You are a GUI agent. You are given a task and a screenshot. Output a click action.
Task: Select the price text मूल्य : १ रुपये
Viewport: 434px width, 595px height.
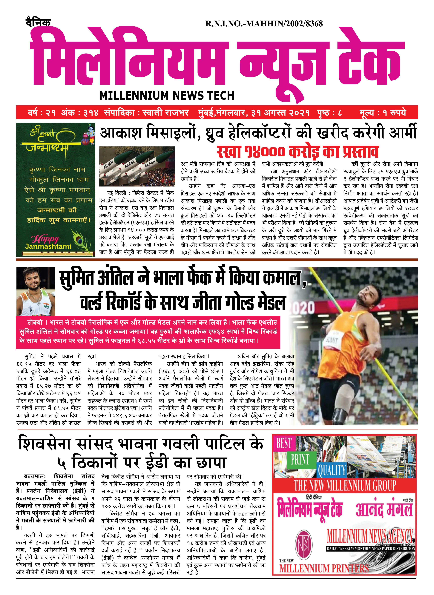pos(383,112)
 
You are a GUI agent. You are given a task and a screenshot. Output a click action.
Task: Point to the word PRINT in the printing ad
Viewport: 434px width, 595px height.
pos(300,459)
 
